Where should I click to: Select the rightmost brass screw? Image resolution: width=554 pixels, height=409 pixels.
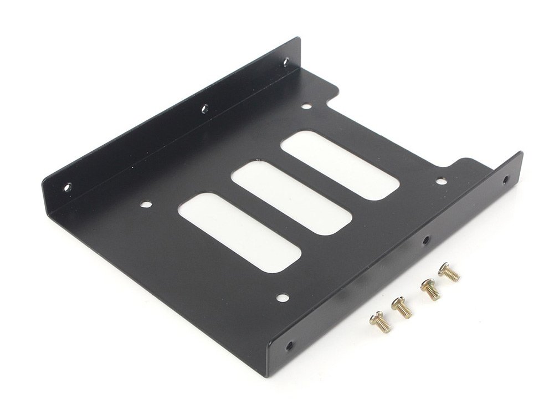pyautogui.click(x=449, y=272)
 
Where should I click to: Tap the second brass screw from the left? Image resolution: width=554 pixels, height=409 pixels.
pyautogui.click(x=402, y=308)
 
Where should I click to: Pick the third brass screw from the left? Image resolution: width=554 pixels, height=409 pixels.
pyautogui.click(x=430, y=289)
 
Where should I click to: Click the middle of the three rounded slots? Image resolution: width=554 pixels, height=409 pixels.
pyautogui.click(x=291, y=197)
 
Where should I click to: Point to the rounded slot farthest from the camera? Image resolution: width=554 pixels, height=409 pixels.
pyautogui.click(x=340, y=163)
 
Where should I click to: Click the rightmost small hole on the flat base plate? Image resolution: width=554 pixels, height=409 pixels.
pyautogui.click(x=441, y=181)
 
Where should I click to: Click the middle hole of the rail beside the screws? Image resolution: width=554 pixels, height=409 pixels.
pyautogui.click(x=425, y=241)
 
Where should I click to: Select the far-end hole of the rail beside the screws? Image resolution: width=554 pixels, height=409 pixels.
pyautogui.click(x=505, y=180)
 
